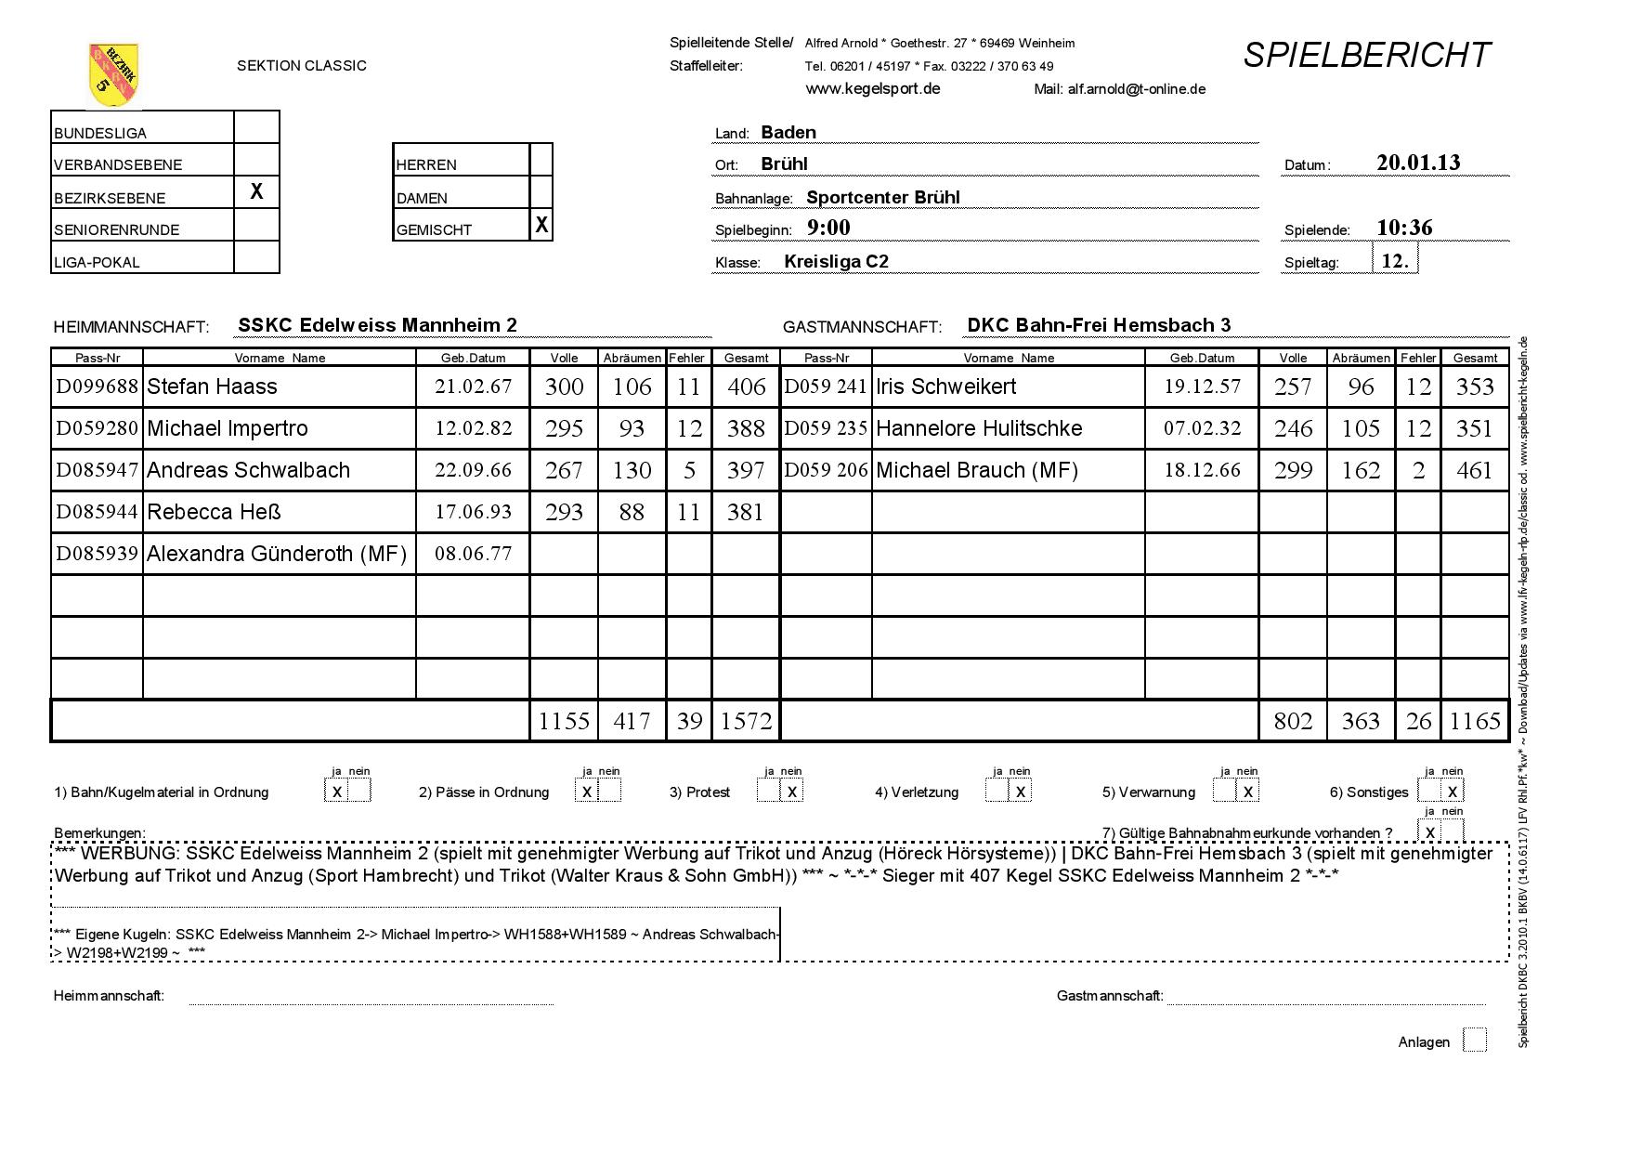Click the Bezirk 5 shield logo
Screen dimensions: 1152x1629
coord(113,74)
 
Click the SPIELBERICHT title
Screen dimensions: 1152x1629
coord(1366,55)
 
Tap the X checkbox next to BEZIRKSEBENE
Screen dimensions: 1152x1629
coord(256,191)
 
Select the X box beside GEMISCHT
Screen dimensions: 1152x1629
coord(541,225)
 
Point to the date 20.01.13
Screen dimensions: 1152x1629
coord(1418,163)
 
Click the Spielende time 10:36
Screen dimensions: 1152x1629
coord(1404,228)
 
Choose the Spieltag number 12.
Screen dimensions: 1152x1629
coord(1395,261)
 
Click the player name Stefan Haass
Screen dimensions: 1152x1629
coord(212,386)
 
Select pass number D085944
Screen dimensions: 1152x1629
coord(97,512)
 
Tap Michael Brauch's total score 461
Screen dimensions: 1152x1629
coord(1475,470)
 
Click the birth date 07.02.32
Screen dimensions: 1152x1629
coord(1202,428)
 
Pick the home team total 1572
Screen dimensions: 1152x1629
coord(746,721)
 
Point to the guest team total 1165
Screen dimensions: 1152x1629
coord(1475,721)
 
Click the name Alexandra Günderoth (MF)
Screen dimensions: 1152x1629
coord(277,554)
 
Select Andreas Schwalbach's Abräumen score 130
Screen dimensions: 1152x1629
coord(632,470)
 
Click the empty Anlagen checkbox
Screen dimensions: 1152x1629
coord(1474,1041)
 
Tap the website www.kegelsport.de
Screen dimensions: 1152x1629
coord(872,88)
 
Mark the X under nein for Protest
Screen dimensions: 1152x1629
coord(791,792)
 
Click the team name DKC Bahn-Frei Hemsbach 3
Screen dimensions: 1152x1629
coord(1098,325)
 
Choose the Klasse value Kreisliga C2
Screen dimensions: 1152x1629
coord(836,261)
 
